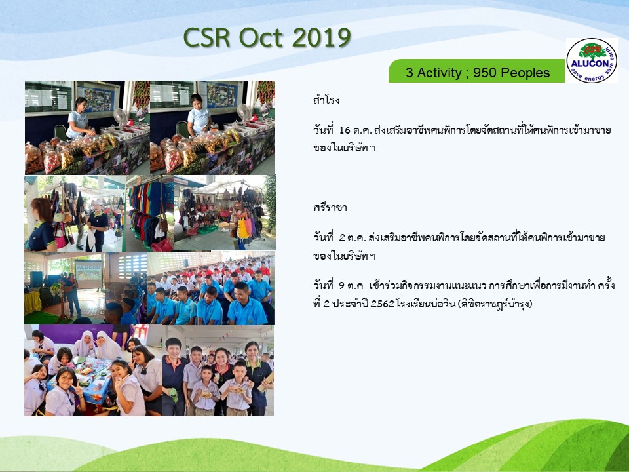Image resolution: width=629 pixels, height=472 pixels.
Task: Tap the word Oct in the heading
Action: [x=261, y=38]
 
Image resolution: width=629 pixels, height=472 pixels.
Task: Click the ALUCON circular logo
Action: [x=592, y=60]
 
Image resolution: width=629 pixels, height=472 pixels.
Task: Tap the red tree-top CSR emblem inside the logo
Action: [x=592, y=50]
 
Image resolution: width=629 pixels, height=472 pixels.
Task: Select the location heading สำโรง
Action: [x=326, y=100]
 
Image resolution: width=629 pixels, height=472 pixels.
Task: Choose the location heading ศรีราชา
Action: [x=330, y=208]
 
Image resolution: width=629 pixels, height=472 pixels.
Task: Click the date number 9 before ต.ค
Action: [x=342, y=286]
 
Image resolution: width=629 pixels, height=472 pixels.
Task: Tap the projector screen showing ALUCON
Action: [x=88, y=273]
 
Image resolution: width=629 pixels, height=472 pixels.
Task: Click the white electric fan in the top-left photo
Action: [x=120, y=116]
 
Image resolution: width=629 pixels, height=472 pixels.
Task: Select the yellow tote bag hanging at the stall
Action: [x=243, y=228]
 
